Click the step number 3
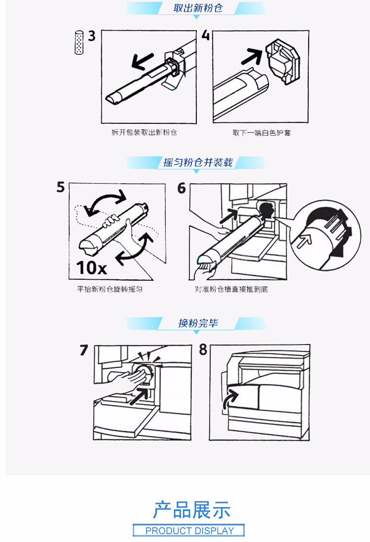tap(92, 36)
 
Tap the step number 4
tap(206, 35)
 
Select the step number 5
tap(61, 187)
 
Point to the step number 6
tap(182, 188)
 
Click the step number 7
tap(84, 350)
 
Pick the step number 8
tap(203, 349)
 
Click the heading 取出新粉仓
tap(198, 8)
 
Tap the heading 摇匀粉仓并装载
tap(198, 162)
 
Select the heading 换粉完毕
tap(198, 323)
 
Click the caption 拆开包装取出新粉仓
tap(144, 132)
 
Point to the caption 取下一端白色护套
tap(261, 133)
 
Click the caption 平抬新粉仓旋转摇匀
tap(110, 289)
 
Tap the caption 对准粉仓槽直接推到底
tap(231, 289)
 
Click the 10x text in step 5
tap(92, 268)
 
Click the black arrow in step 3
tap(143, 61)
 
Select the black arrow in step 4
tap(252, 56)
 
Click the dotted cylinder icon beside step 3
tap(79, 42)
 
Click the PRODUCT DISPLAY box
tap(188, 530)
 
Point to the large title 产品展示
tap(192, 509)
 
